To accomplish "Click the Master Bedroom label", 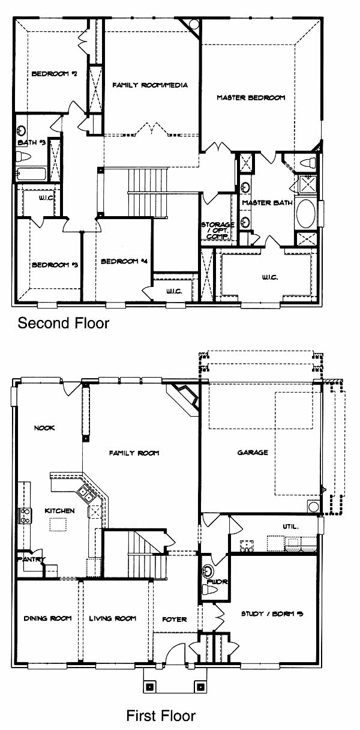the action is [251, 97].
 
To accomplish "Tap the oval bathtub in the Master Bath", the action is [305, 214].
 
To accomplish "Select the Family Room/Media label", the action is [150, 85].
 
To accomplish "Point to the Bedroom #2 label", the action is [55, 74].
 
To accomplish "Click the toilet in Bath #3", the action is [23, 157].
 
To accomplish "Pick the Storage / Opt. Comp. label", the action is [218, 231].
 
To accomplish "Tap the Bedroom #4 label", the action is [124, 261].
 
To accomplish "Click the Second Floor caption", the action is [64, 323].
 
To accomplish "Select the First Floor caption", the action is [161, 716].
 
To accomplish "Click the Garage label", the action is [253, 452].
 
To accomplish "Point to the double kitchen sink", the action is [86, 494].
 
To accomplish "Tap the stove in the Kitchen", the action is [25, 516].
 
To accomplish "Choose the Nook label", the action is [44, 428].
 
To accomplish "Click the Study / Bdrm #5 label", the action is [272, 614].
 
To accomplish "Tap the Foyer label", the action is [174, 619].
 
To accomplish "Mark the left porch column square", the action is [150, 687].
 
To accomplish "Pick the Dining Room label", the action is [47, 618].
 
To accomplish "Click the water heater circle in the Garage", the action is [313, 507].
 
